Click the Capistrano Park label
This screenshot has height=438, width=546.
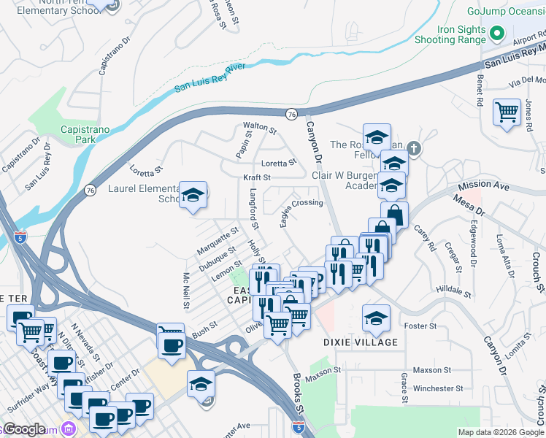(85, 134)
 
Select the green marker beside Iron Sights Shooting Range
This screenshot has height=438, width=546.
(498, 34)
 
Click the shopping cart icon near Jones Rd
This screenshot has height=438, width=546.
(507, 112)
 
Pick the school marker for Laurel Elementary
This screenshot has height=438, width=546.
(193, 195)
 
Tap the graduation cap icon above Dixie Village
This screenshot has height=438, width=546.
(376, 318)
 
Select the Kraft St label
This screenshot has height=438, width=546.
(257, 177)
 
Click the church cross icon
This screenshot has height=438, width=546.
(414, 150)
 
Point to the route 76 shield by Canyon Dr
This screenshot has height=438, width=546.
(291, 114)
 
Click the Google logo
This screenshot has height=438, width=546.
(26, 429)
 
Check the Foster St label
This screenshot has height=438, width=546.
(422, 326)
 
